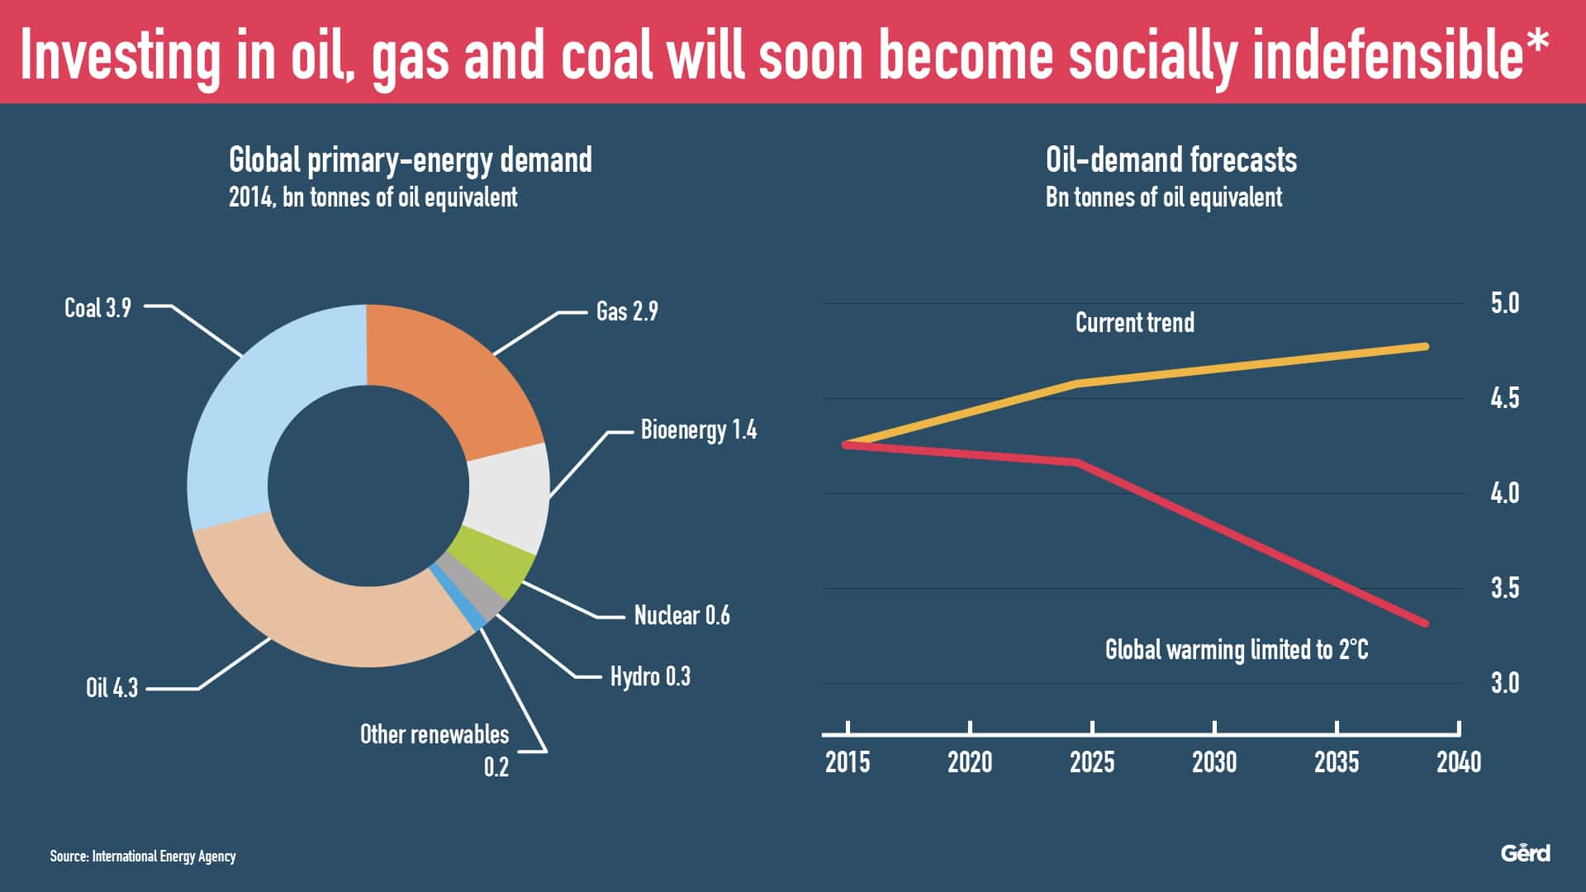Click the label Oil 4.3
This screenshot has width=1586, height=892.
click(112, 688)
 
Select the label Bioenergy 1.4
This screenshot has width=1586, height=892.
click(698, 430)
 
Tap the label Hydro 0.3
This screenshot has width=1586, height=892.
click(650, 676)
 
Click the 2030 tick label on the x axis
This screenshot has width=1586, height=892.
click(1214, 762)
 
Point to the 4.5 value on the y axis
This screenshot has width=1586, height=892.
click(1504, 398)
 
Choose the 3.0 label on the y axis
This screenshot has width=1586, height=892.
click(1504, 683)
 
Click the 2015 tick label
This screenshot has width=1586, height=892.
click(848, 762)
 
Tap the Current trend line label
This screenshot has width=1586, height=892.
click(1134, 322)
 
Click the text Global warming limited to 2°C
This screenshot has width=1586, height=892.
click(1236, 650)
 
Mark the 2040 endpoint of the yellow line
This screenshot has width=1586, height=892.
click(1425, 346)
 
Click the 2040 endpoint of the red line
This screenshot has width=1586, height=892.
click(1425, 624)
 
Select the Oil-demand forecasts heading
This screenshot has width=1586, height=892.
click(1171, 160)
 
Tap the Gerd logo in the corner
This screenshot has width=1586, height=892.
click(1525, 853)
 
